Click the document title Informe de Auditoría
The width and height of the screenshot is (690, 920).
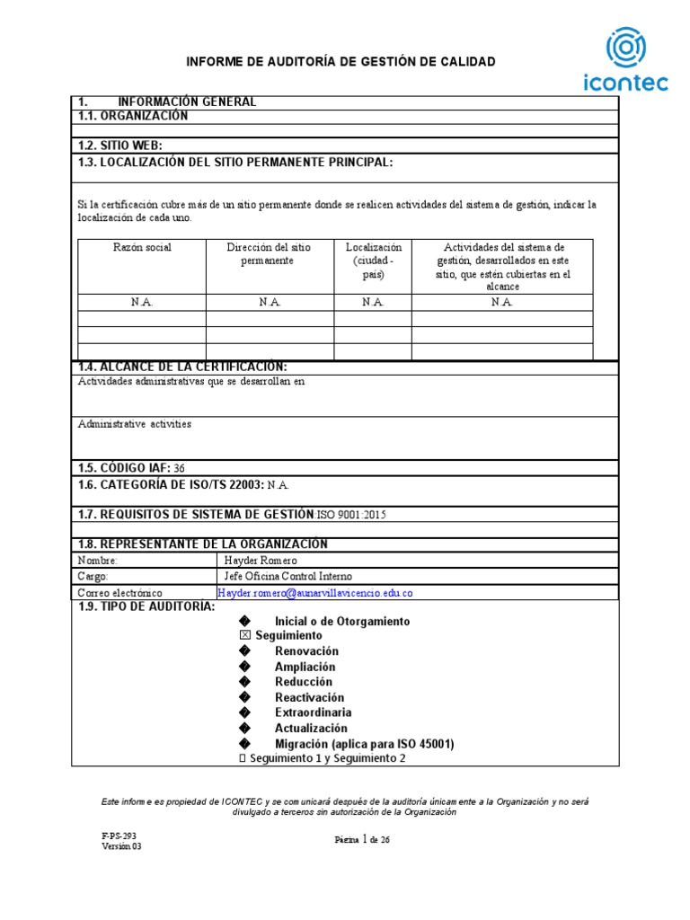pyautogui.click(x=340, y=61)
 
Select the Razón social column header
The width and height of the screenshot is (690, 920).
pyautogui.click(x=142, y=247)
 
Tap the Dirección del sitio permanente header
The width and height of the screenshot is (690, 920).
pyautogui.click(x=270, y=253)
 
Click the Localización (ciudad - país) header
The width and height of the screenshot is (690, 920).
pyautogui.click(x=373, y=261)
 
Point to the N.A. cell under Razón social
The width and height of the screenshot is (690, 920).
pyautogui.click(x=142, y=302)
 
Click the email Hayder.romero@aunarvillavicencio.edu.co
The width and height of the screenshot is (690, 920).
pyautogui.click(x=315, y=593)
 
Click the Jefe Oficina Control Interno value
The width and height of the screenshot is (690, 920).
pyautogui.click(x=287, y=577)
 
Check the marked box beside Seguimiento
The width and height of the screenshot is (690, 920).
pyautogui.click(x=245, y=635)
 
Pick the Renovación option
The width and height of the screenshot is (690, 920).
pyautogui.click(x=306, y=650)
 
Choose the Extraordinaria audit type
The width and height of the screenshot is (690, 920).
pyautogui.click(x=313, y=712)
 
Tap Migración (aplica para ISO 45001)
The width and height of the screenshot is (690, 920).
pyautogui.click(x=364, y=744)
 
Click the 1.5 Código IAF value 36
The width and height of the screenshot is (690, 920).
pyautogui.click(x=179, y=468)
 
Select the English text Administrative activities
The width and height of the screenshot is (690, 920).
pyautogui.click(x=135, y=424)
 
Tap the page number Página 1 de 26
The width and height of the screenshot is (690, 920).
pyautogui.click(x=362, y=840)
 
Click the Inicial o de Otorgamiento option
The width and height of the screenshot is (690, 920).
pyautogui.click(x=341, y=621)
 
